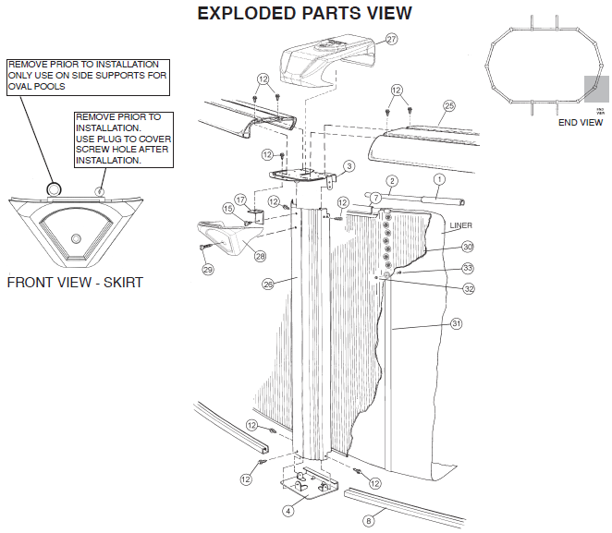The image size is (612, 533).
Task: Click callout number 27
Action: [x=391, y=40]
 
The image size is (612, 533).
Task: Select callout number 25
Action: [x=449, y=106]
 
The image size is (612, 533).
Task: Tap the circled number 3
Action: [x=349, y=166]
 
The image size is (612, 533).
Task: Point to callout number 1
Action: [x=439, y=178]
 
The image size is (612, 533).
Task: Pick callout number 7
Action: [x=375, y=198]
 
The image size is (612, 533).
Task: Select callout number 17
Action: [x=239, y=199]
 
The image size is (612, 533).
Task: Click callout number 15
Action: [x=227, y=209]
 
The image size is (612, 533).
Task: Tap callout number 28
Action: [x=260, y=256]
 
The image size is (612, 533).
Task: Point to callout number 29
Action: [x=207, y=270]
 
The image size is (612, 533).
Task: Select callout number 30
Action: [x=468, y=247]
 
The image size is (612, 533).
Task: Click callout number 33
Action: [x=468, y=268]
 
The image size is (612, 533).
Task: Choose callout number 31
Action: [x=456, y=324]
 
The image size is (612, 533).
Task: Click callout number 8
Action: [x=368, y=521]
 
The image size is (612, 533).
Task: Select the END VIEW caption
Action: [x=580, y=122]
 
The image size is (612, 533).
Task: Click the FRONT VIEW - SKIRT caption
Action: [x=75, y=282]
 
